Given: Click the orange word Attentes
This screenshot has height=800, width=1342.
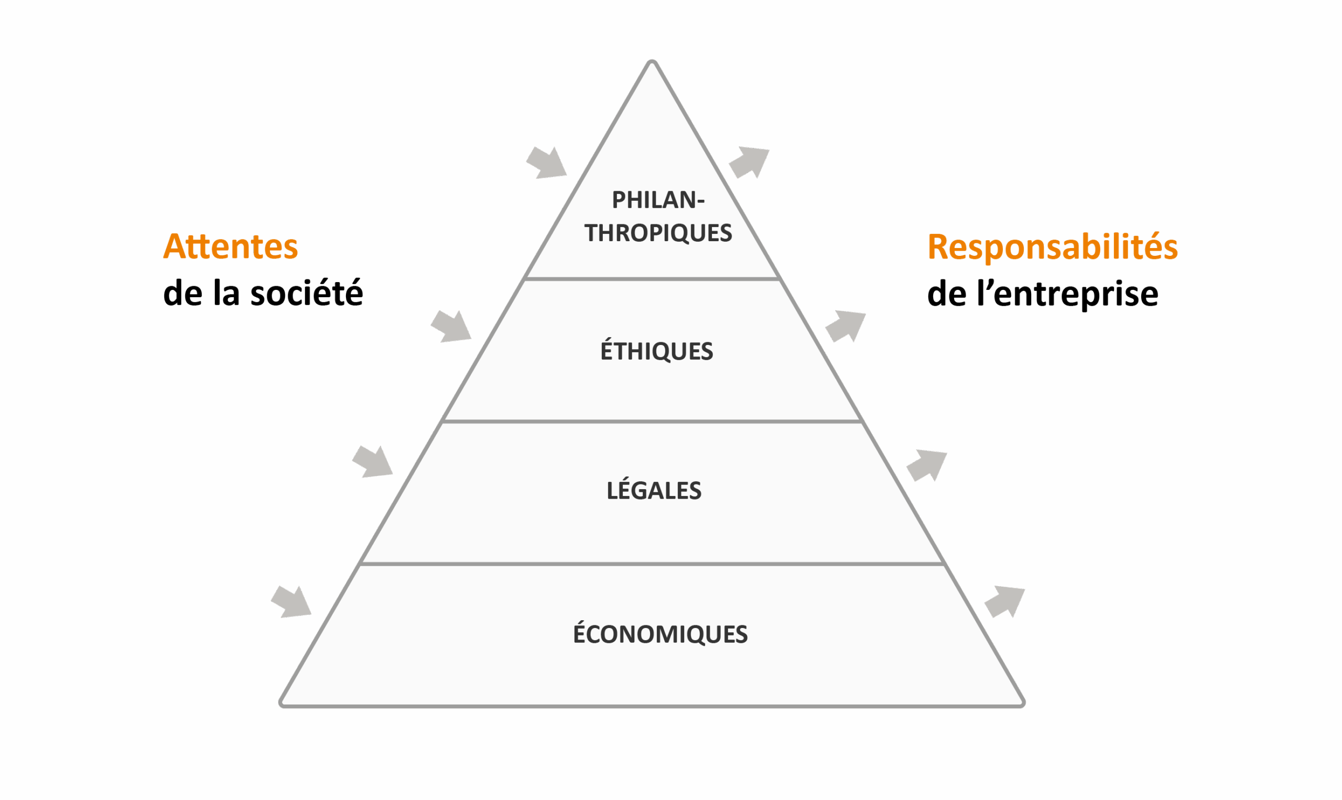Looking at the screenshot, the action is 230,246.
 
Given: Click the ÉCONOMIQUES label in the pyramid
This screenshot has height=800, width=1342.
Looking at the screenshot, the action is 660,634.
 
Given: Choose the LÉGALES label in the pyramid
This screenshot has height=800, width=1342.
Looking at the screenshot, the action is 654,491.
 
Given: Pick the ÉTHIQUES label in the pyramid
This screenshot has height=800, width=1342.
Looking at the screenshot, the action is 656,351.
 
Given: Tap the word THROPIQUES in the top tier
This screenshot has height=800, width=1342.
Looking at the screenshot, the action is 658,233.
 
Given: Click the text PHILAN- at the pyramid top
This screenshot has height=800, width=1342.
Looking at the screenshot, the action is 658,200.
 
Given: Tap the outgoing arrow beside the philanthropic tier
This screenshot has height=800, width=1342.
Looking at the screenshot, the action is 749,163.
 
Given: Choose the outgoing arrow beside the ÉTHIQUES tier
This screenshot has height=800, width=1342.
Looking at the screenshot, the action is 846,326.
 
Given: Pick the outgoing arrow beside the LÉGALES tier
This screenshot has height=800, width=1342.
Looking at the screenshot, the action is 926,465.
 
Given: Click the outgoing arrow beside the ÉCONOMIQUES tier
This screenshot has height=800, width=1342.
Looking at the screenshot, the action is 1004,602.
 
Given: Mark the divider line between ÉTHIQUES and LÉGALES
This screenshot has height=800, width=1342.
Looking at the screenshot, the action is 652,421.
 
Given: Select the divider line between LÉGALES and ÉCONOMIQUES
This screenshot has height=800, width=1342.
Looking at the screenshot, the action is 652,564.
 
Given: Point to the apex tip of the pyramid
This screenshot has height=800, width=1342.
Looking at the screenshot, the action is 652,61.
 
